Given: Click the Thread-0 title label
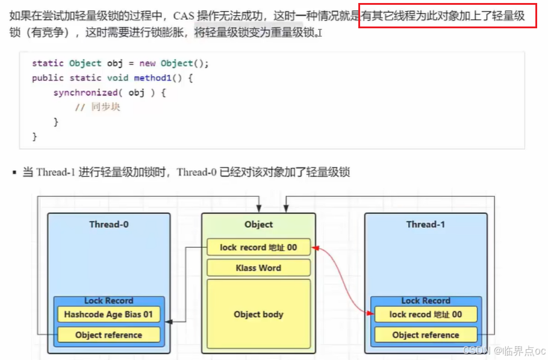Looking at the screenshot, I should pos(109,225).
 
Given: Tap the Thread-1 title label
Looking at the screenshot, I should pos(426,225).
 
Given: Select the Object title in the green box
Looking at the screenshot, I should pos(258,225).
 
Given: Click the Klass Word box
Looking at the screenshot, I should pos(258,268).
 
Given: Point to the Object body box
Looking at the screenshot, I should pos(258,314).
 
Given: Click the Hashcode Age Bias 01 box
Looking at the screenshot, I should pos(109,314).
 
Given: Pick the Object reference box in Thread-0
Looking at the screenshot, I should pos(109,335).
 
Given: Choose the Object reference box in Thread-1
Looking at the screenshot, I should pos(426,335).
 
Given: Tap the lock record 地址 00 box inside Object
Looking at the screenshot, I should pos(258,247).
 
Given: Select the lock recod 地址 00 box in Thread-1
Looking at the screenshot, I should pos(426,314).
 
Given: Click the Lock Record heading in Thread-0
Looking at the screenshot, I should pos(109,300).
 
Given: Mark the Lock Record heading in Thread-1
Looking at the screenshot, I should pos(426,300).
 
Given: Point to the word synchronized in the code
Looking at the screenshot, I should pos(85,93).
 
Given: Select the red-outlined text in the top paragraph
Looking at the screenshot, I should pos(446,16).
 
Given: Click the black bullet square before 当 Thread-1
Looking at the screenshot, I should pos(13,173).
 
